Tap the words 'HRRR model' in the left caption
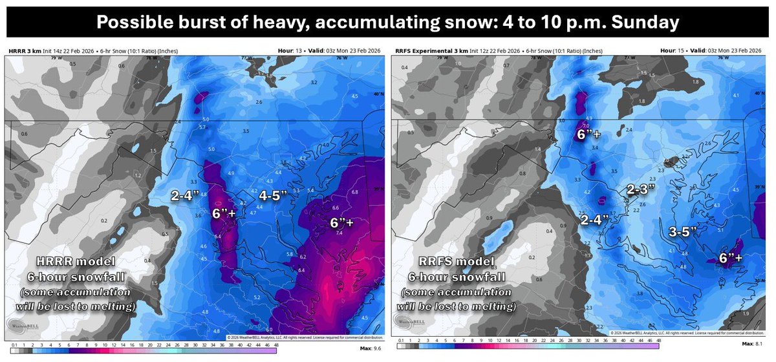69,264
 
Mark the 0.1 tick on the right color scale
400,339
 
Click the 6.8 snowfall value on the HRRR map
354,192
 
